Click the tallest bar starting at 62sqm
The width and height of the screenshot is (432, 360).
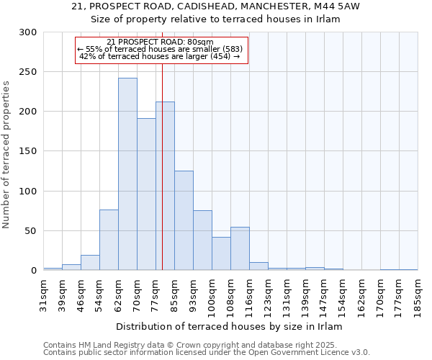coord(127,174)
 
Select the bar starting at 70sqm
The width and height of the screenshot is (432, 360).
coord(146,194)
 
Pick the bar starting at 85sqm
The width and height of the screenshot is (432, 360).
coord(184,220)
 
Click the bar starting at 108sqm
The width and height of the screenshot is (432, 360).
coord(240,248)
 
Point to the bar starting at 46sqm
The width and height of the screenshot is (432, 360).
coord(90,263)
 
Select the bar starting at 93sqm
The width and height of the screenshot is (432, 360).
coord(202,240)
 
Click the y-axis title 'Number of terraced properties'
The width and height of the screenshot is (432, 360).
coord(6,154)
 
